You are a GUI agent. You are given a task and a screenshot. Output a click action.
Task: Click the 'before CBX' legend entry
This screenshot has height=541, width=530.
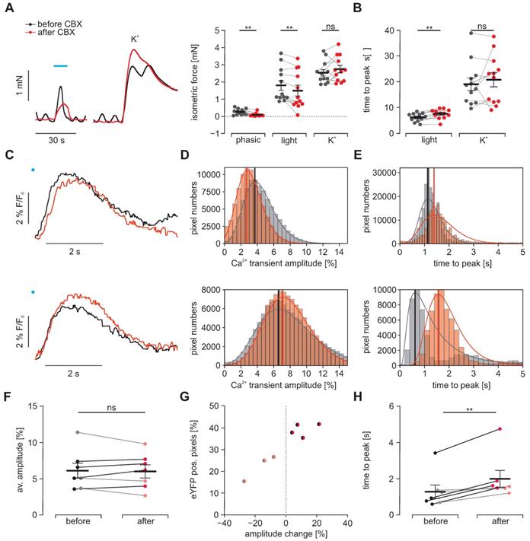53,15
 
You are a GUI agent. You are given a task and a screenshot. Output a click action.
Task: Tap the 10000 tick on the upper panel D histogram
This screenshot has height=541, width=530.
207,174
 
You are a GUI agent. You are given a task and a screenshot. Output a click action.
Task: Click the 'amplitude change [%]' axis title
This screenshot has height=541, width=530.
286,536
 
